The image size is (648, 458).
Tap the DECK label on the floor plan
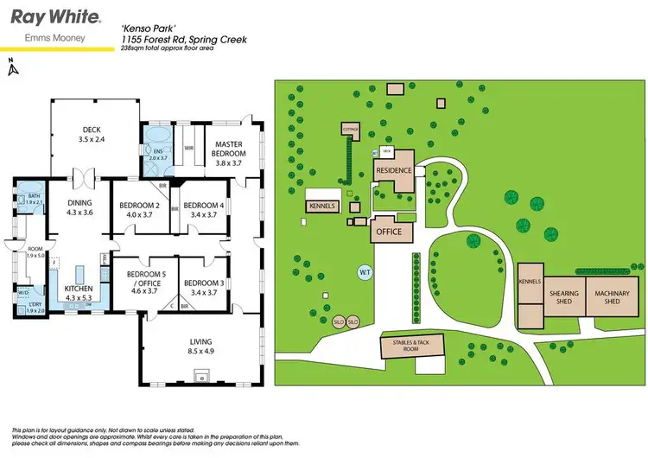pos(92,134)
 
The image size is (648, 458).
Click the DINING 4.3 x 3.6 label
pos(79,206)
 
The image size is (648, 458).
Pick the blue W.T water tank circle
pos(365,273)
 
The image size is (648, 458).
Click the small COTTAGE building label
pos(351,130)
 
